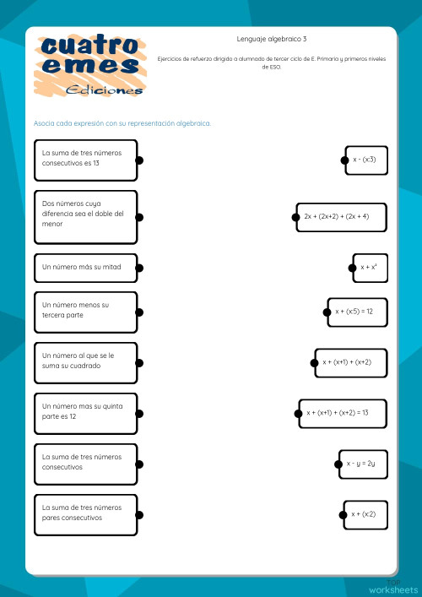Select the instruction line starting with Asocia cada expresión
[122, 123]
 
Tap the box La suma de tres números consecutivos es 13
[84, 160]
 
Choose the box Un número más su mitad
[84, 268]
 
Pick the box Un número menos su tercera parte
[84, 312]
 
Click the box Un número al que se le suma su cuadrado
[84, 362]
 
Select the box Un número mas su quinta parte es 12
[84, 413]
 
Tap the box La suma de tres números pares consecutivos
[84, 514]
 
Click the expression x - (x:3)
[366, 160]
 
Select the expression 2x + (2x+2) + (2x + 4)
[342, 217]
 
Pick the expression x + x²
[370, 268]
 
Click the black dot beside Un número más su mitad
[139, 268]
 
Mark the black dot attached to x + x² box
[354, 268]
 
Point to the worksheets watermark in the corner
[392, 589]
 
